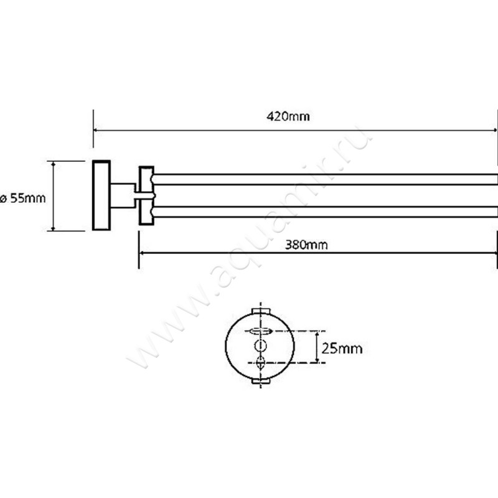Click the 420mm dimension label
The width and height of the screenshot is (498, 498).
(x=288, y=116)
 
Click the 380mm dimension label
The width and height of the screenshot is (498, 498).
(x=306, y=245)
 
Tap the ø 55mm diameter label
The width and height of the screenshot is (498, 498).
(x=23, y=198)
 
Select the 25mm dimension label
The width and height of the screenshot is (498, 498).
(x=342, y=349)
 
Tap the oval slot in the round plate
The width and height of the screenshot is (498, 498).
(x=261, y=331)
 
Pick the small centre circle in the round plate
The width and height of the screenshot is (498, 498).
(x=261, y=346)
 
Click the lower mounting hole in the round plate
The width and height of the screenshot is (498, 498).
(x=260, y=362)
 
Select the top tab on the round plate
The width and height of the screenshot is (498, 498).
(x=261, y=310)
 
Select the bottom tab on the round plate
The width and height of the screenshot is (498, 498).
(x=261, y=380)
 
